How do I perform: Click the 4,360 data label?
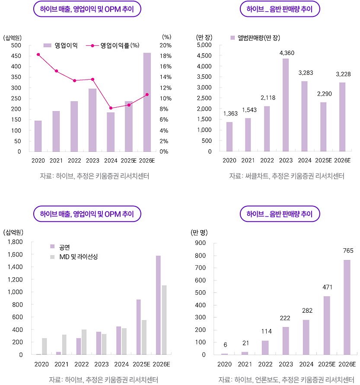coord(286,53)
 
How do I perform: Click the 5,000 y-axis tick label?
coord(204,45)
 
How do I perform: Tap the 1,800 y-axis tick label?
coord(16,242)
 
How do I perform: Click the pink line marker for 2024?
coord(111,108)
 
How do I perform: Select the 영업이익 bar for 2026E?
coord(147,102)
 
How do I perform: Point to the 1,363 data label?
coord(229,114)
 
